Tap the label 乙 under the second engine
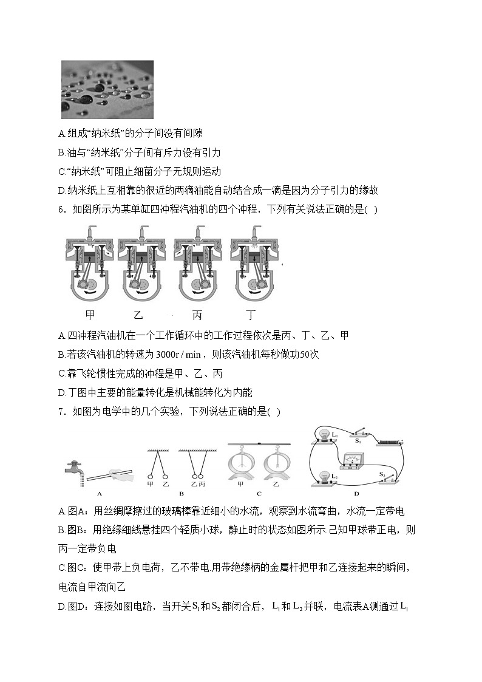138,315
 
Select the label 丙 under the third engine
197,315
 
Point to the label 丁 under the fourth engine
250,315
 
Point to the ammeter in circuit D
349,460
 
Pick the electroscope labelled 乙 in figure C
275,463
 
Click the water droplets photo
107,89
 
